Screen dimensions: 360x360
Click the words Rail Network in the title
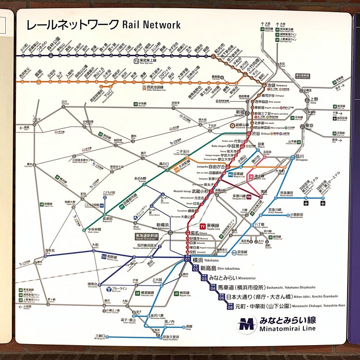(152, 24)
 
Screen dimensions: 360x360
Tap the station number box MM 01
(187, 260)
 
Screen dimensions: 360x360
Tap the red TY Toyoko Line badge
(203, 225)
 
